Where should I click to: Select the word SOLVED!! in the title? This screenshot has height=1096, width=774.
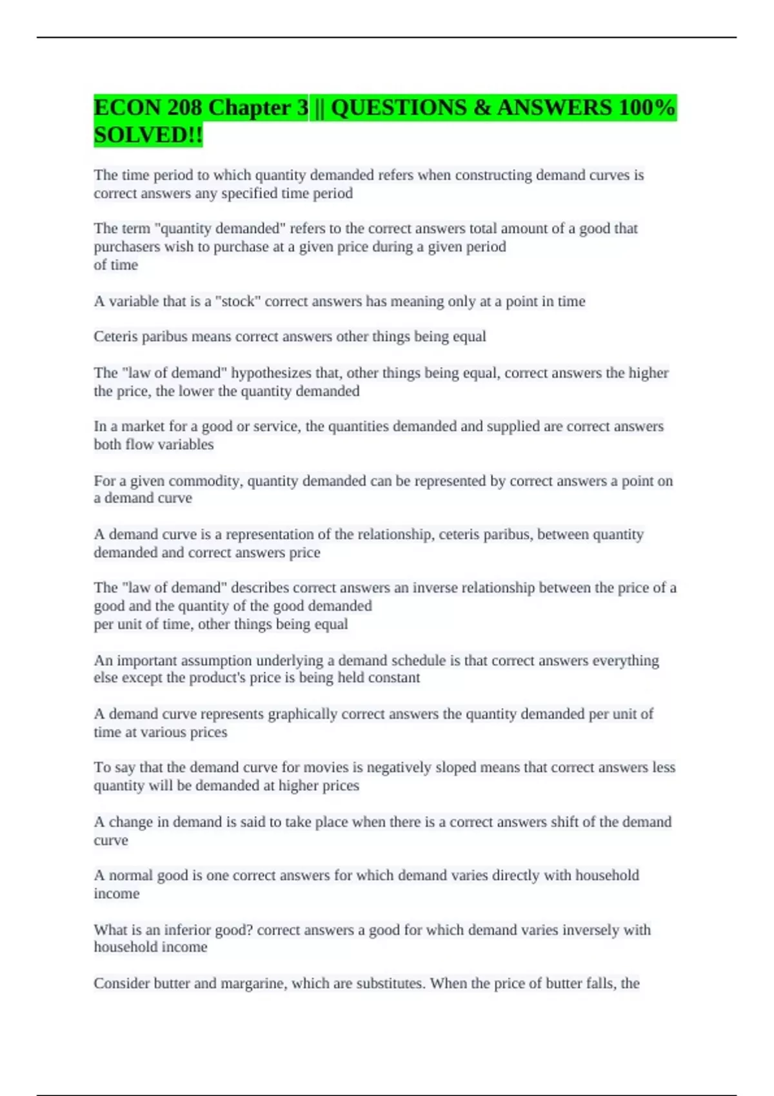click(x=148, y=135)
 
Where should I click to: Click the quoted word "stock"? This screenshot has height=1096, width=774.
click(x=238, y=302)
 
